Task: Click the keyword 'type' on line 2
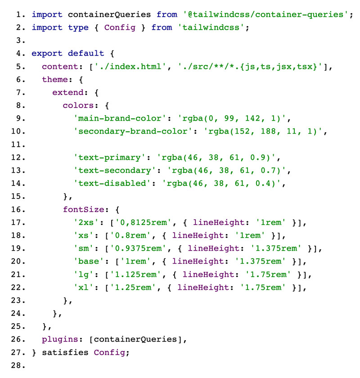pos(78,27)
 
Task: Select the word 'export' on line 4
pos(47,53)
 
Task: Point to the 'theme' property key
pos(55,79)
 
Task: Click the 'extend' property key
pos(68,92)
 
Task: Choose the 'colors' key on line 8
pos(78,105)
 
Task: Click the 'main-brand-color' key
pos(120,118)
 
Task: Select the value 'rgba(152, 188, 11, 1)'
pos(263,131)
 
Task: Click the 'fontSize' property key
pos(83,210)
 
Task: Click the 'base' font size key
pos(89,261)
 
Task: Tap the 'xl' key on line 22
pos(83,288)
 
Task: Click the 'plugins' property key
pos(60,339)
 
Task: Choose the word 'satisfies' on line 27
pos(65,352)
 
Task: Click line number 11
pos(18,144)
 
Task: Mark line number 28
pos(18,365)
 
